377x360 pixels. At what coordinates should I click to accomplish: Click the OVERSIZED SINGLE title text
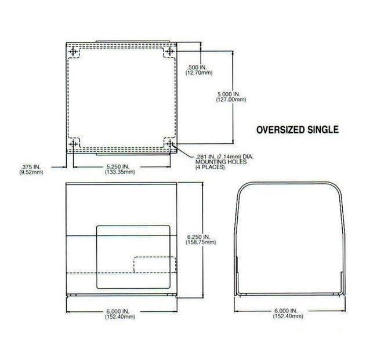(297, 130)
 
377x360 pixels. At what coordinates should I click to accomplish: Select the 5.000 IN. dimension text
(227, 94)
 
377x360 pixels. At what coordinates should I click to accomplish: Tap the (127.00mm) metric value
(228, 100)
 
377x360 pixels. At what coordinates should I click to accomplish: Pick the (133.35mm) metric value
(118, 172)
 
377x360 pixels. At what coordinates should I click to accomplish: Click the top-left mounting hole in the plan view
(74, 53)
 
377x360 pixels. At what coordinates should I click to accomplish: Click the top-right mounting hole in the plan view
(170, 53)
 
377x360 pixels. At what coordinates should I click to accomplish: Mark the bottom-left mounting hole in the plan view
(74, 144)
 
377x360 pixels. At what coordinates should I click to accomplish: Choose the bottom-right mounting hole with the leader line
(170, 144)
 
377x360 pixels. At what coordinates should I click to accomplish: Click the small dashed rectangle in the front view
(154, 264)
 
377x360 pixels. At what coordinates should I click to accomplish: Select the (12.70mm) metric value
(199, 73)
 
